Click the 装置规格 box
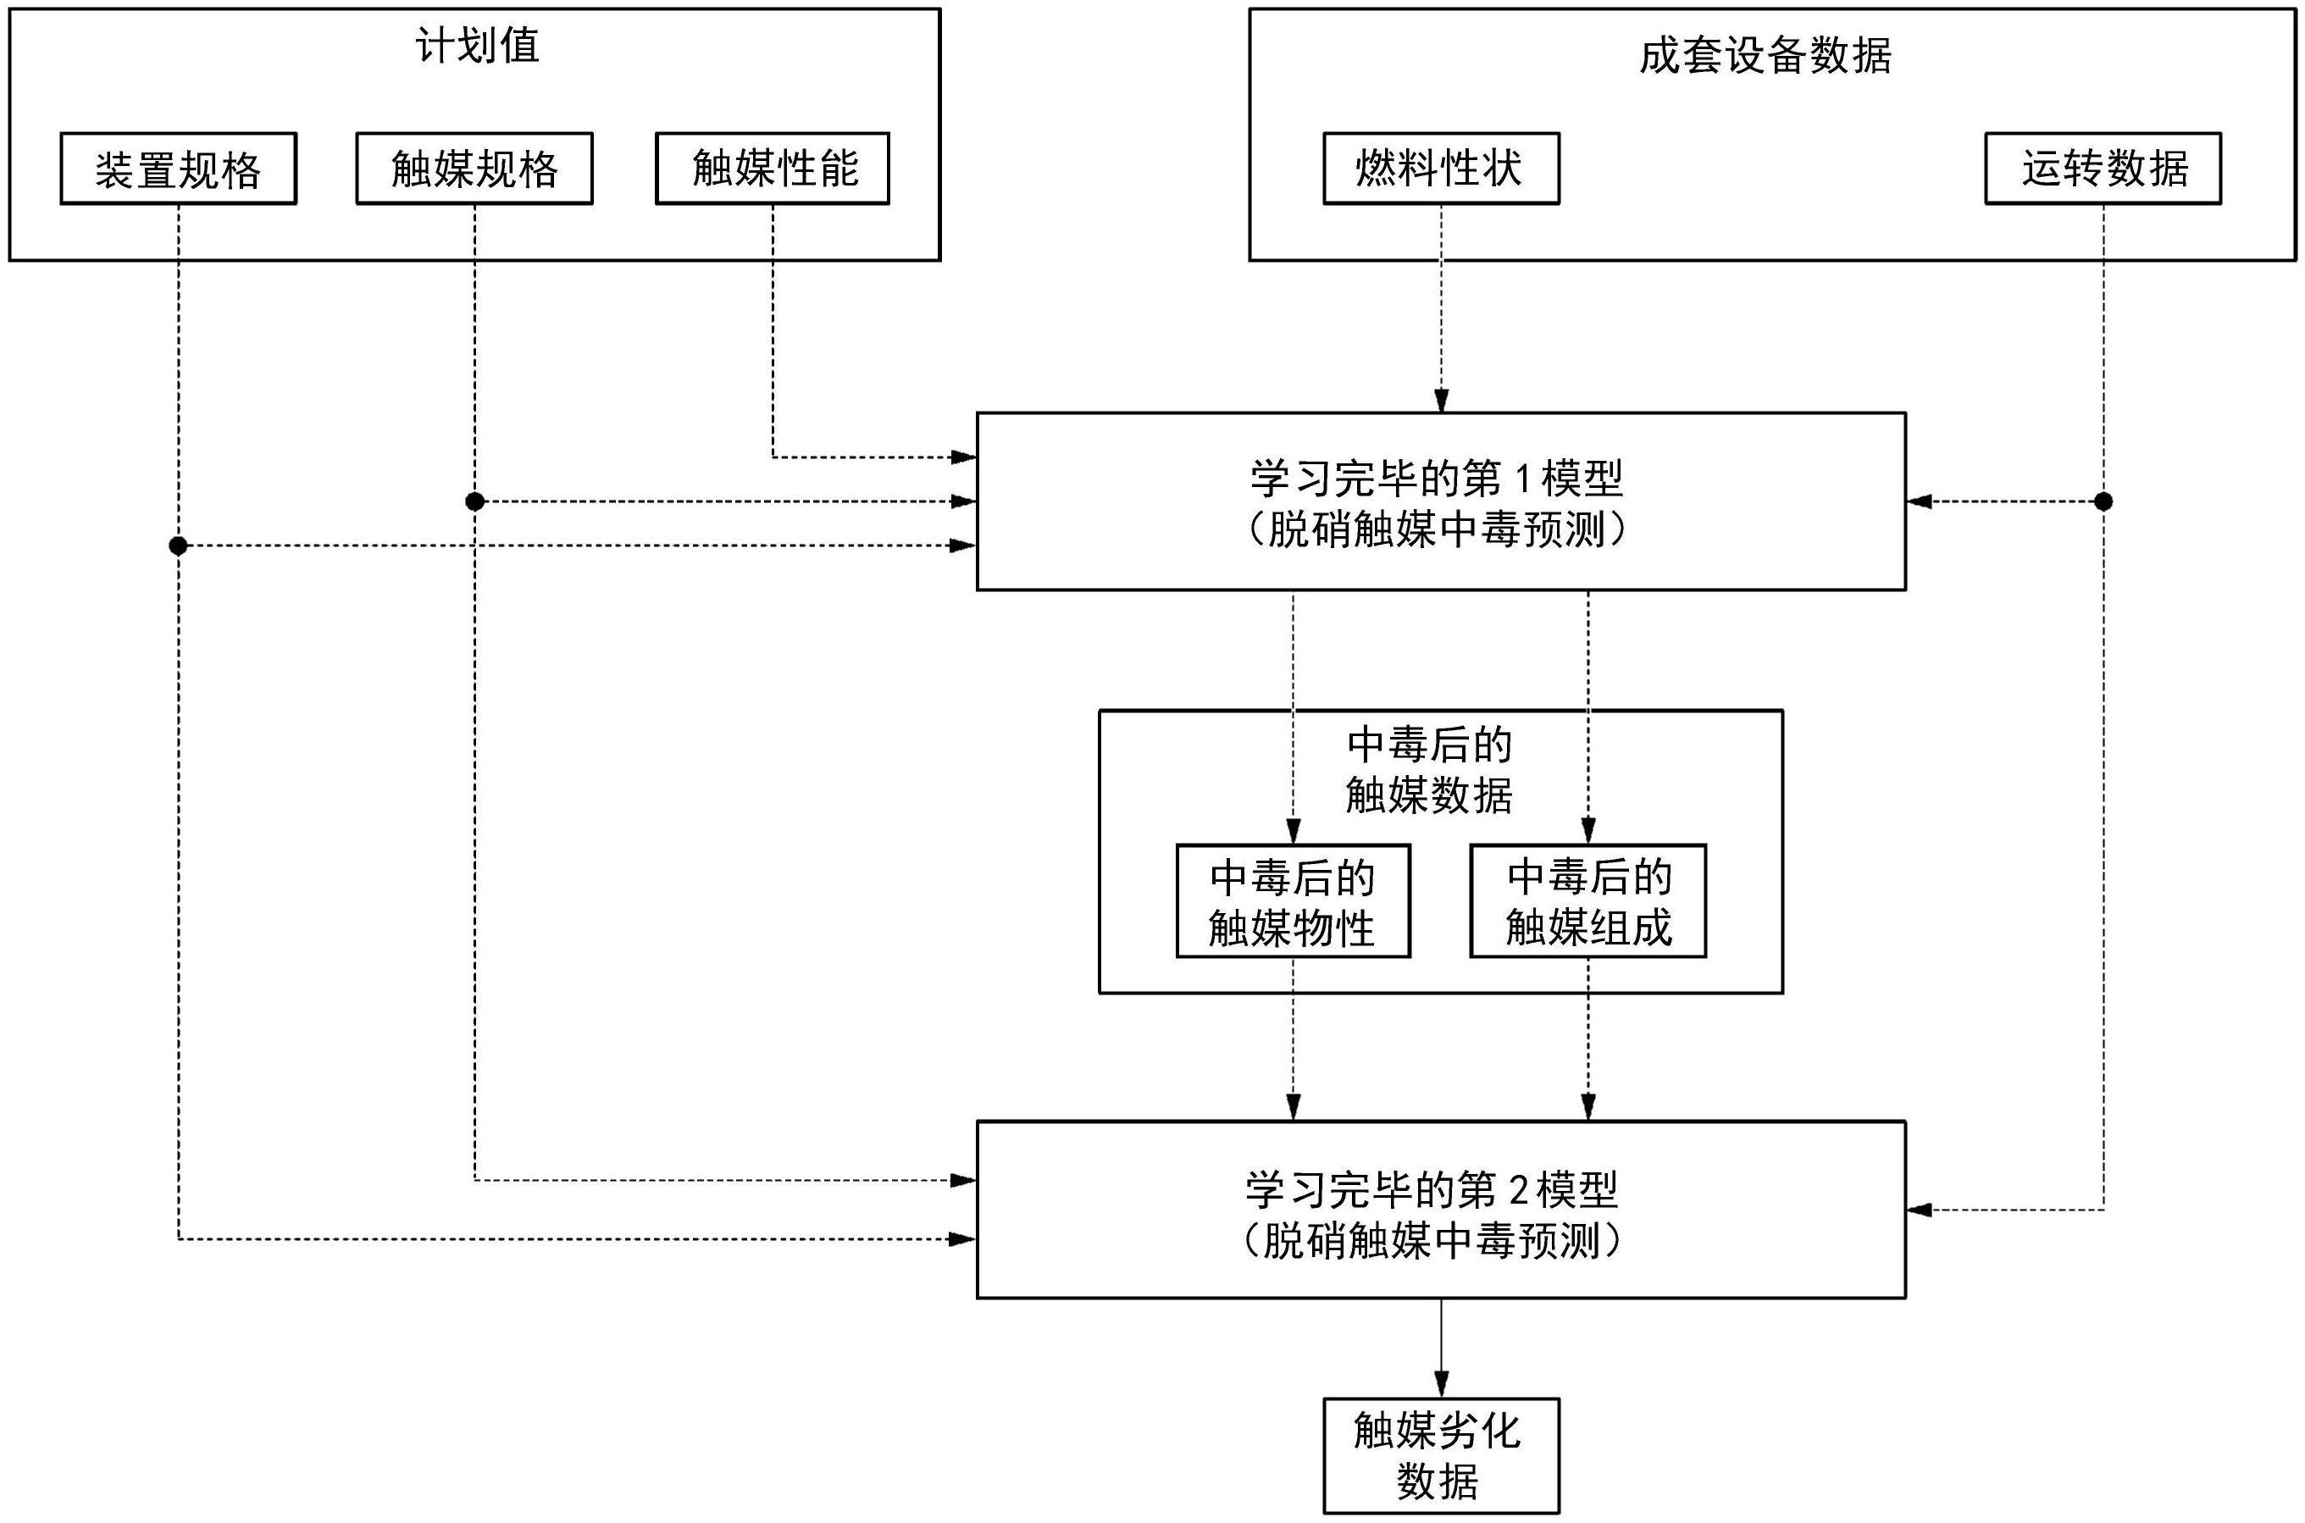coord(178,169)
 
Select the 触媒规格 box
coord(474,169)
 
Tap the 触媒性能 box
coord(773,169)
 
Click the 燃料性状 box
coord(1440,169)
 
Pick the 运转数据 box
coord(2103,169)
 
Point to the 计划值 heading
coord(476,46)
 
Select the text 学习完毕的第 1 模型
coord(1436,478)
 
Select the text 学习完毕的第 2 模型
coord(1432,1189)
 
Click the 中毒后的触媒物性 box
coord(1293,901)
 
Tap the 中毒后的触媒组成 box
coord(1588,901)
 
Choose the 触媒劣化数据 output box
coord(1440,1455)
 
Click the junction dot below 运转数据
coord(2103,501)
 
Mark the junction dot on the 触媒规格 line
coord(474,501)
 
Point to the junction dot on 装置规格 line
coord(178,546)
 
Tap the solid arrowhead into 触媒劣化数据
coord(1442,1384)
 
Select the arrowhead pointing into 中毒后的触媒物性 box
coord(1293,832)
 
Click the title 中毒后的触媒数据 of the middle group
coord(1429,770)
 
